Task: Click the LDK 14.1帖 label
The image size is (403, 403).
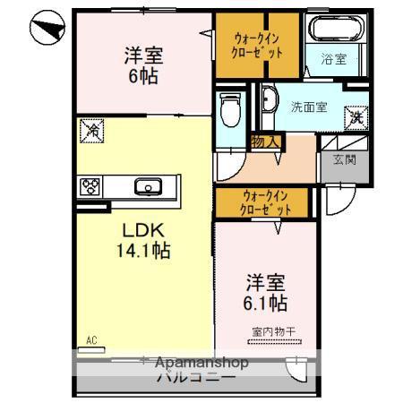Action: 141,240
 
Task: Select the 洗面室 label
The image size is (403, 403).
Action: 307,107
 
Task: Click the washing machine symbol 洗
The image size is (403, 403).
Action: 356,116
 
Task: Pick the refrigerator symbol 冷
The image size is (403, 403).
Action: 92,131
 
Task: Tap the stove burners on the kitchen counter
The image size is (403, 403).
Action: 91,186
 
